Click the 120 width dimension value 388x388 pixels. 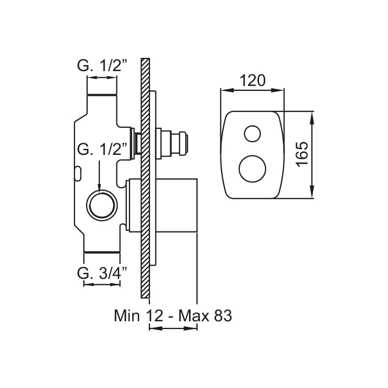pos(252,81)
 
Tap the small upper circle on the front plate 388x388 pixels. pos(253,133)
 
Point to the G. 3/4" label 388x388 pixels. pos(102,272)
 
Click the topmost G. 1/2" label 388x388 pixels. pos(102,67)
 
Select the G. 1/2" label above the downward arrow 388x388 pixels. pos(103,148)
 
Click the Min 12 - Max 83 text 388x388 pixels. pos(173,316)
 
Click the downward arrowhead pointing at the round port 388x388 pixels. pos(99,189)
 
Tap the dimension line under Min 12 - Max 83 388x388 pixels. pos(173,329)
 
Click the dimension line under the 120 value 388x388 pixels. pos(252,90)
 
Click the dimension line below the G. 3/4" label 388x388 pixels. pos(102,284)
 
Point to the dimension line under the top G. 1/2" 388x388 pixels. pos(102,78)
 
